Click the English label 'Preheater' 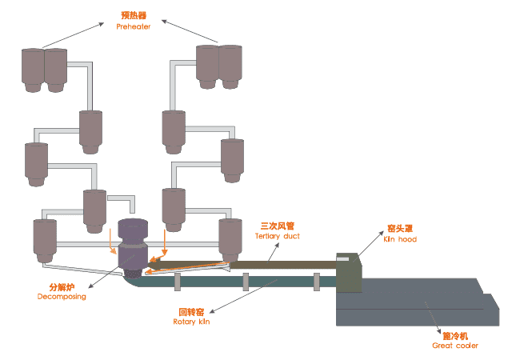134,27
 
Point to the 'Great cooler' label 455,346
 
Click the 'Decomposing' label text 62,297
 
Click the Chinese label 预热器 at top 134,15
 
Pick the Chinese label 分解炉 62,286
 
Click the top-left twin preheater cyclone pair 44,69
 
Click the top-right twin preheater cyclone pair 218,65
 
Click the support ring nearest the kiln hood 316,281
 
